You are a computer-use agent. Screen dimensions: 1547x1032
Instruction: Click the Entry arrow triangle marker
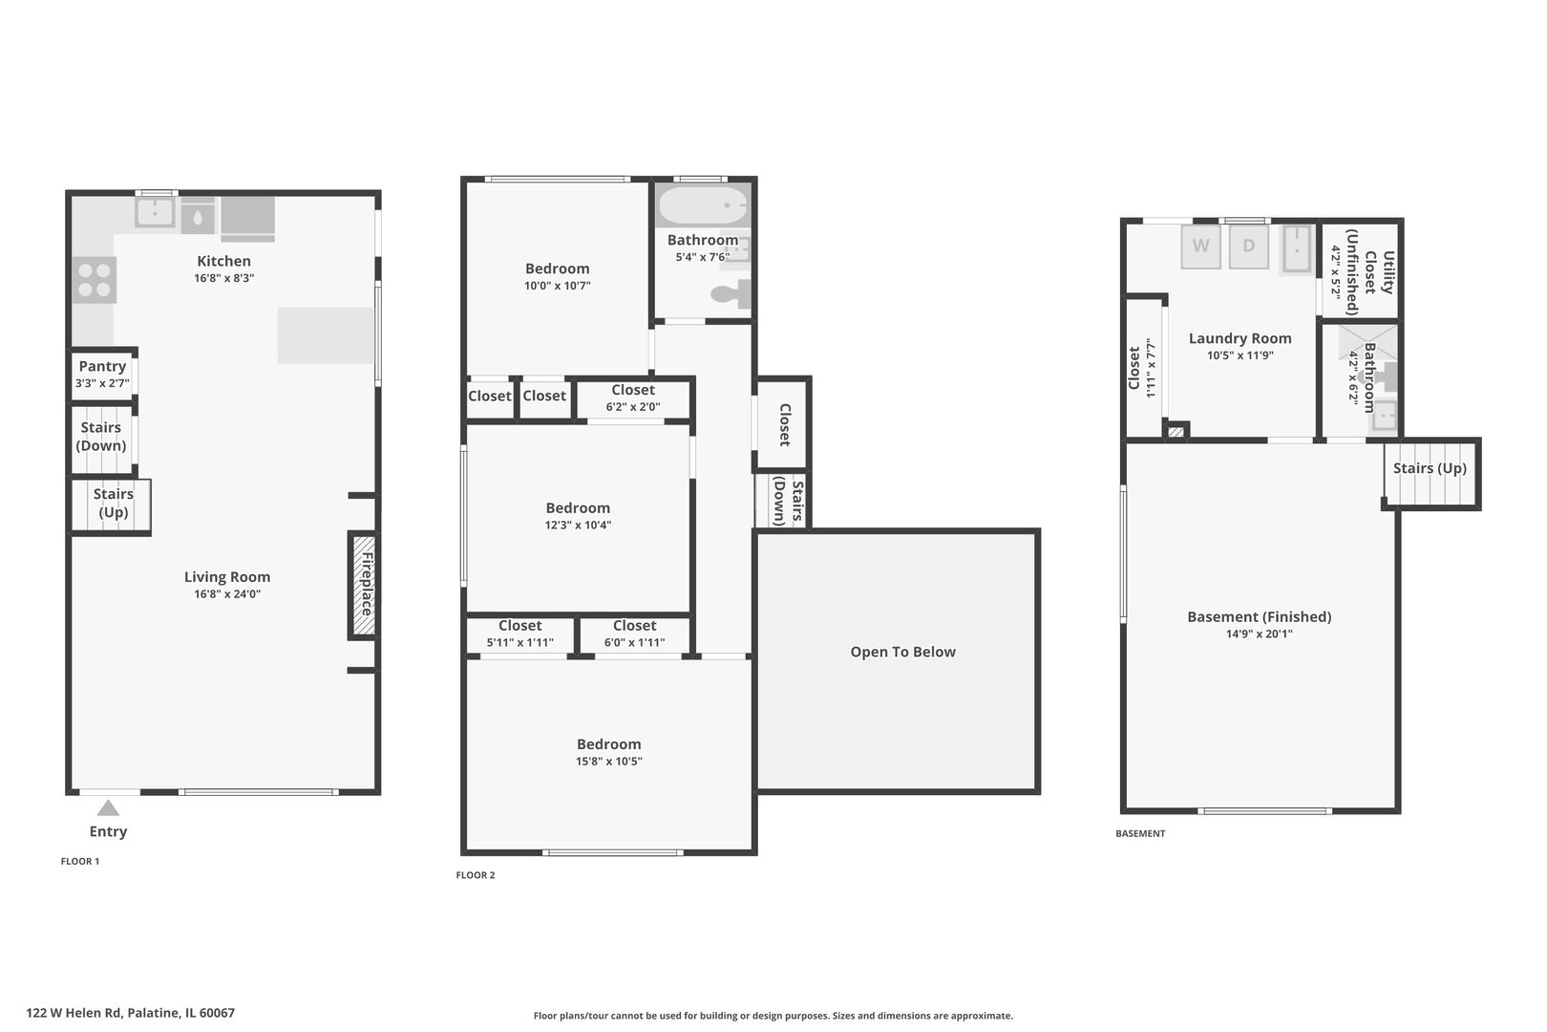point(108,807)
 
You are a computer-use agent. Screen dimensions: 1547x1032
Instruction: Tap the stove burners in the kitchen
point(95,280)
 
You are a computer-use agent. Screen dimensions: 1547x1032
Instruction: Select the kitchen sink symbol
point(155,212)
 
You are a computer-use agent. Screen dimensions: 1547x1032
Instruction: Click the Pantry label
point(102,366)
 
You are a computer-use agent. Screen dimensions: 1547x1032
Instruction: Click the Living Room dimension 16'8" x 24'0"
point(227,593)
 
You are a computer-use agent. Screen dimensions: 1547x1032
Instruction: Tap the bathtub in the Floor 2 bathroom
point(703,205)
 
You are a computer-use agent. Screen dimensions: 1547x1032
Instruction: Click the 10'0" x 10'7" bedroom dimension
point(558,286)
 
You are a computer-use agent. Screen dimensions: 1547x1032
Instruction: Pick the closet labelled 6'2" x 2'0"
point(632,398)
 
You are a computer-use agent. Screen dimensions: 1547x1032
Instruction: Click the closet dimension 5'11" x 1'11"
point(520,642)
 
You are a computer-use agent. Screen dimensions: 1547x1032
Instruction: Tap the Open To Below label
point(902,652)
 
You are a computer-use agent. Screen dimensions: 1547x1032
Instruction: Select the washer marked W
point(1200,247)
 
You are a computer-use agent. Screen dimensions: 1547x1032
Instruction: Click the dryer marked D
point(1249,247)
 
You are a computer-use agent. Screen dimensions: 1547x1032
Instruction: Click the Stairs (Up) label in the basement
point(1430,468)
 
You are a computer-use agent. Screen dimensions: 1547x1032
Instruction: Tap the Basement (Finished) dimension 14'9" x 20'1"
point(1259,634)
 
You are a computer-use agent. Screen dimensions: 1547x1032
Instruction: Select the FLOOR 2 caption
point(476,875)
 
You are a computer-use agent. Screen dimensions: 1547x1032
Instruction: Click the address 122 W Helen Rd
point(74,1013)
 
